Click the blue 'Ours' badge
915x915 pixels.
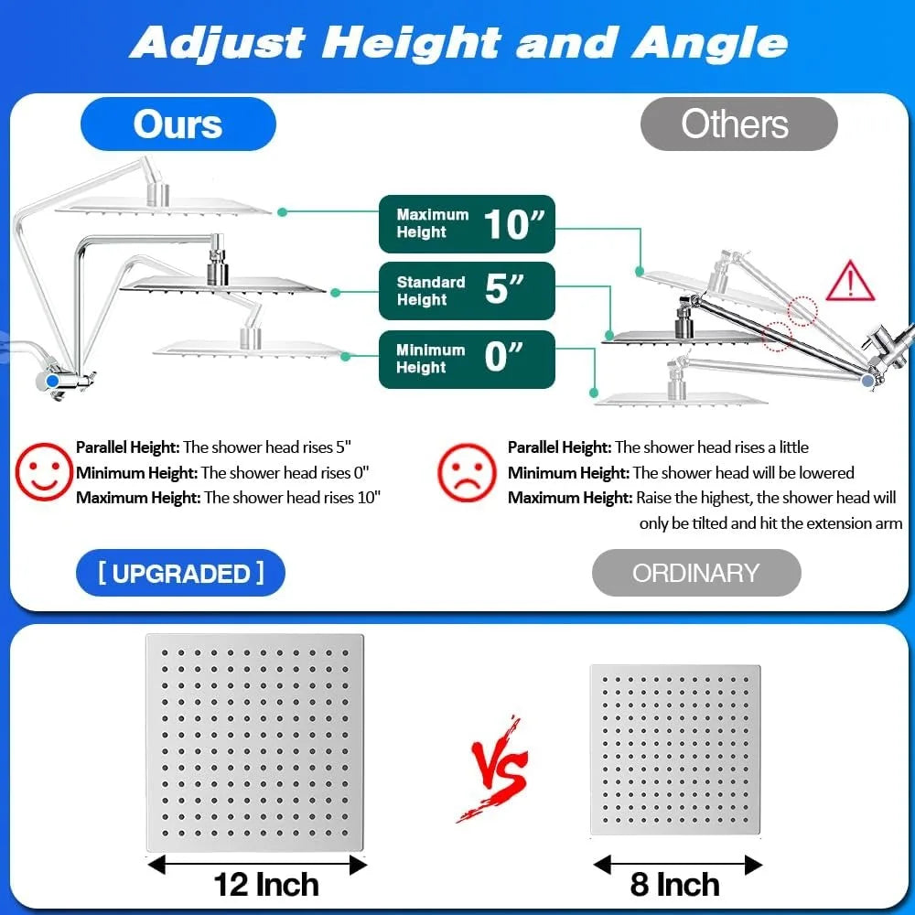178,124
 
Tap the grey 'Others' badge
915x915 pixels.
738,124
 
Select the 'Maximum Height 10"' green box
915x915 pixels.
467,224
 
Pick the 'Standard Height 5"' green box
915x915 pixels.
467,291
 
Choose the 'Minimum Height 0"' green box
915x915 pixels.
467,359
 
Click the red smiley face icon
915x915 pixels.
43,471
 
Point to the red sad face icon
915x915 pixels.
467,473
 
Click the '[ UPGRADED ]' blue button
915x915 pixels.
181,573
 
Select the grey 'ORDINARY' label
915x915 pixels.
696,573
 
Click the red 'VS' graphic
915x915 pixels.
496,770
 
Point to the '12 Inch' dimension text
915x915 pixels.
266,885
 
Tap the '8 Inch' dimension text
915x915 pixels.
674,885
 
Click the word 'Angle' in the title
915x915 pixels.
710,44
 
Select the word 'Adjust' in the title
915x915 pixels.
218,43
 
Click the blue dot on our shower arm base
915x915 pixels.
52,381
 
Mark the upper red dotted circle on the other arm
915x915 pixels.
802,311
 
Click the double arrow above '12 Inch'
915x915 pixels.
257,865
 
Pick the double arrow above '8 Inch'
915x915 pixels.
677,865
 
